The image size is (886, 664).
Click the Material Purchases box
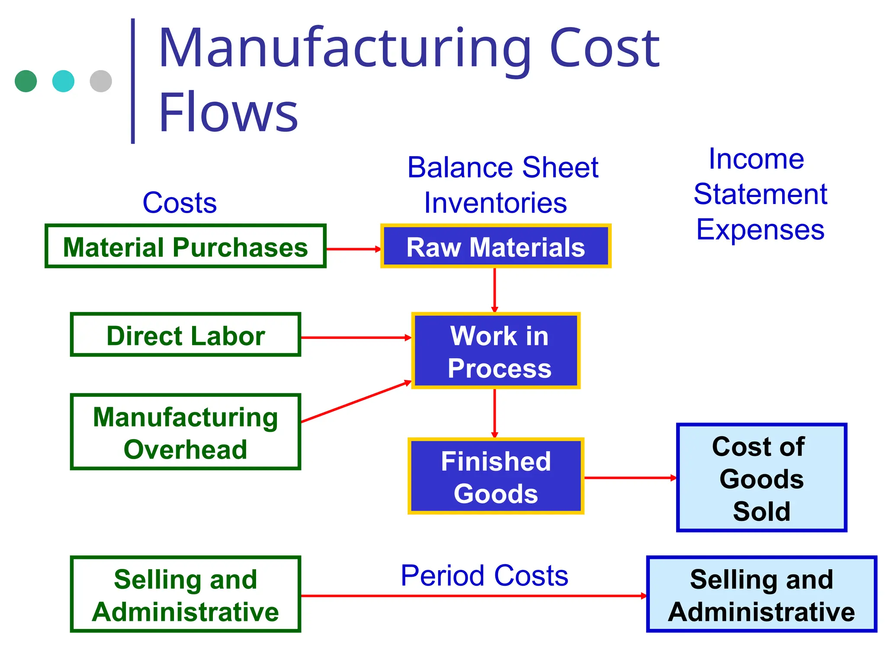(x=185, y=246)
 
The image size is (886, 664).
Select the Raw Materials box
(x=495, y=246)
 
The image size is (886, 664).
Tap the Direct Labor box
(x=185, y=335)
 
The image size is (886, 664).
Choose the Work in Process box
(x=495, y=351)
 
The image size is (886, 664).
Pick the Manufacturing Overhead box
(x=185, y=432)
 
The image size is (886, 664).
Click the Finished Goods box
(x=495, y=476)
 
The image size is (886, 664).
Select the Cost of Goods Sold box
(x=761, y=478)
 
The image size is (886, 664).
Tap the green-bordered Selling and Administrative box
(x=185, y=594)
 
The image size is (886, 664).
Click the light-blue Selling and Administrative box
(x=761, y=594)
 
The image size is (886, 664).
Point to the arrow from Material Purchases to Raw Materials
(x=353, y=249)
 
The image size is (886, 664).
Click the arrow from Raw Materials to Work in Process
(x=494, y=290)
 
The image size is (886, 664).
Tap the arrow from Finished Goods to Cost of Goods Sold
(x=629, y=478)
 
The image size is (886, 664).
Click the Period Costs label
(x=484, y=575)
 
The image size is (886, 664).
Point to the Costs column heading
(x=180, y=202)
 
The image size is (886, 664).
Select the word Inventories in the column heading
(x=495, y=202)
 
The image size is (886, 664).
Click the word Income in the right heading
(x=756, y=159)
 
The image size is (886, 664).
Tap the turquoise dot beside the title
(x=63, y=81)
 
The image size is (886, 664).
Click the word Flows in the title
(x=228, y=112)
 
